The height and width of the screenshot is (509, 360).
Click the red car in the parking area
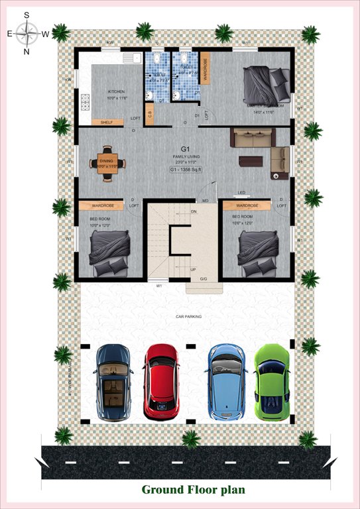(x=161, y=382)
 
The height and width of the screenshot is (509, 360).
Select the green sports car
(x=272, y=382)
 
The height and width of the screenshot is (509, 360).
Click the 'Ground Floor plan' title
(x=193, y=490)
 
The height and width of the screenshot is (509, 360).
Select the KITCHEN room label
(x=116, y=92)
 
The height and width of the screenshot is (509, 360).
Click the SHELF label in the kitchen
(x=107, y=123)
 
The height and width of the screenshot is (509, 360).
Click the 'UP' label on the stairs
(x=193, y=270)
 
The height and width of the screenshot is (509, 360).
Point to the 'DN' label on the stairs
(x=194, y=211)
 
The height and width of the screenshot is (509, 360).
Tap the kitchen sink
(x=130, y=58)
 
